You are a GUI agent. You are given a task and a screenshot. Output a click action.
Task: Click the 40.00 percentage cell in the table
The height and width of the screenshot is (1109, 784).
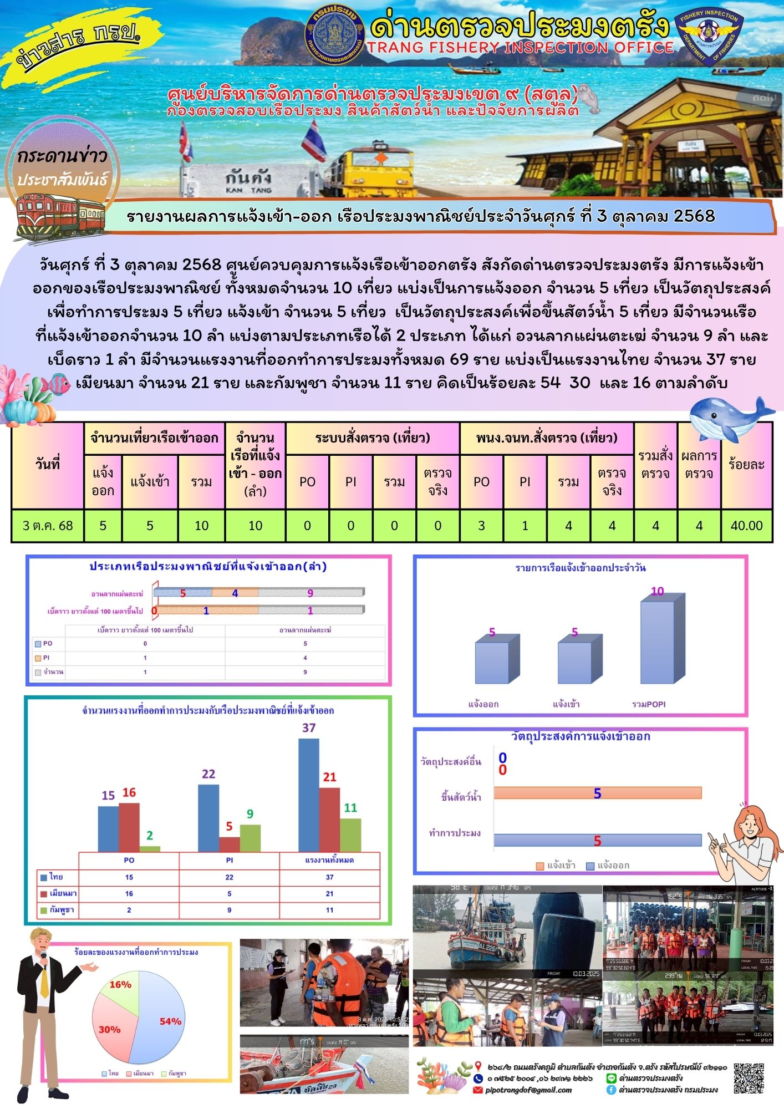(746, 526)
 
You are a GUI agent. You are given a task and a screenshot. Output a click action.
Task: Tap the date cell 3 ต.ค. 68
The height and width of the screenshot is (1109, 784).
(48, 526)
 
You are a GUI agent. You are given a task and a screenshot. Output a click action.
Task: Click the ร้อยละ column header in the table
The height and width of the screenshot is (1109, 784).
(746, 464)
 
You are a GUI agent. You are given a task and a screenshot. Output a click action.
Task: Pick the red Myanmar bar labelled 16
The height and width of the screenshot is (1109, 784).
(129, 827)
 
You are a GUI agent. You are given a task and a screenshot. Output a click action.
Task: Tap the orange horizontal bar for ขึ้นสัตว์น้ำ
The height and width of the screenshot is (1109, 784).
(597, 793)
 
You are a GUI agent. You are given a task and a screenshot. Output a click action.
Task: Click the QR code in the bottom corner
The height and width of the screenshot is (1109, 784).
(749, 1079)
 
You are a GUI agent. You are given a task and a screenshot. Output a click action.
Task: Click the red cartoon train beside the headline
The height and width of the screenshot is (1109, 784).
(59, 215)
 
